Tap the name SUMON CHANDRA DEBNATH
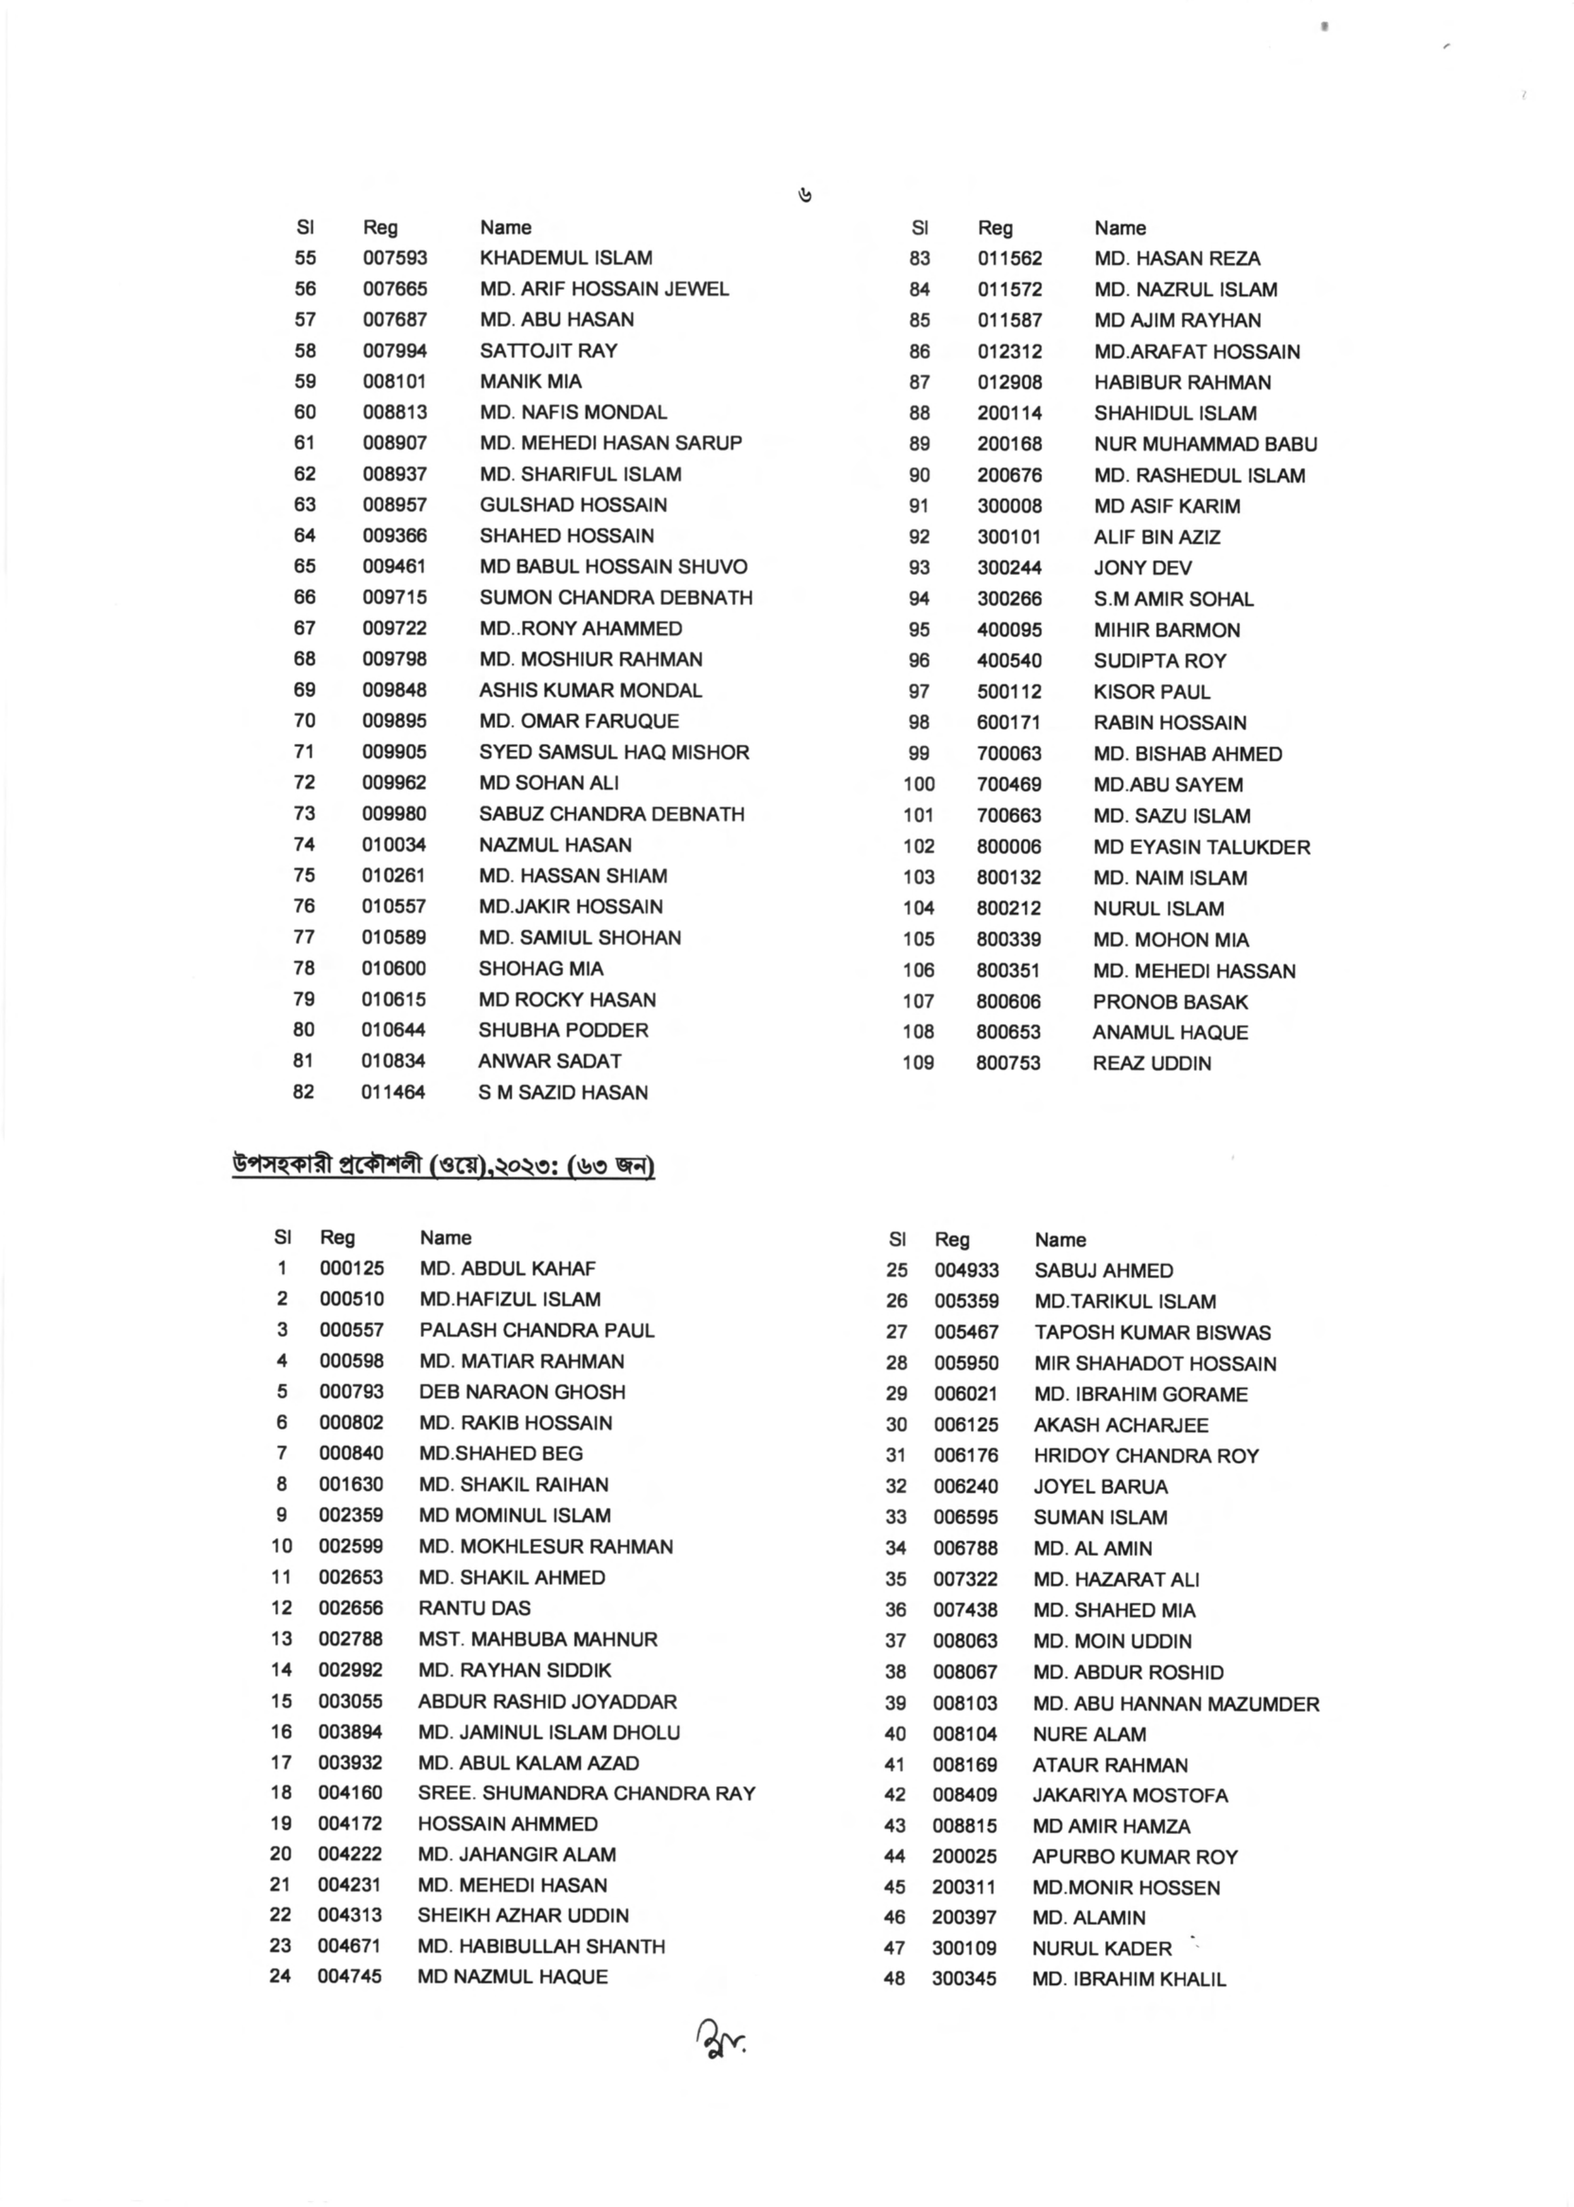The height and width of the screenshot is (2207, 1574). point(616,598)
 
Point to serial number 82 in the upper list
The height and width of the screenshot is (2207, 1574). point(303,1092)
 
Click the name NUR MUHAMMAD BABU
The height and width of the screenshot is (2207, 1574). point(1205,445)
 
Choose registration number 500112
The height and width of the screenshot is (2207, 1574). point(1009,692)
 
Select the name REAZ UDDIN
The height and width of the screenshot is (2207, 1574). point(1151,1063)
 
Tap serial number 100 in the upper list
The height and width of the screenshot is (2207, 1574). point(918,785)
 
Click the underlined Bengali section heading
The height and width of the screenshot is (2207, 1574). point(443,1166)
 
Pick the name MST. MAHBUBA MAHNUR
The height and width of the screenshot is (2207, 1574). point(538,1639)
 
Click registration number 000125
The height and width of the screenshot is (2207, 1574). point(352,1269)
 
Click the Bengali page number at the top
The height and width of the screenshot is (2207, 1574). point(804,197)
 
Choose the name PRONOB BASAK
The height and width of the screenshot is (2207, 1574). point(1170,1002)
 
